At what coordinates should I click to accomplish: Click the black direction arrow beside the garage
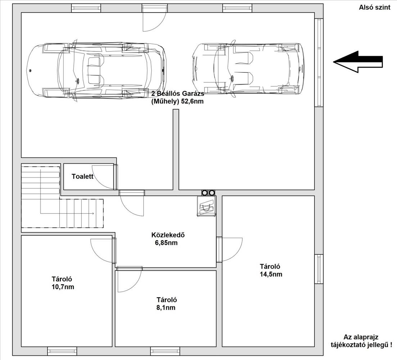coord(358,62)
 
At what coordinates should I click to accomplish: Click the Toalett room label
coord(82,176)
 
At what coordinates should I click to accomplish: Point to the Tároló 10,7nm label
coord(63,283)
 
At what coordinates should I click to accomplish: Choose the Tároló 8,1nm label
coord(167,303)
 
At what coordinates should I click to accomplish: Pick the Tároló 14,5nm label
coord(271,270)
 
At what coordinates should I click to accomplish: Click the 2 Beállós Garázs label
coord(178,93)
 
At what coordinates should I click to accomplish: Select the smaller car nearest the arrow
coord(247,69)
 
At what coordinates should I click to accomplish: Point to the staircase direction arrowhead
coord(93,213)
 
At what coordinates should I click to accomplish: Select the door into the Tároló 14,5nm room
coord(229,249)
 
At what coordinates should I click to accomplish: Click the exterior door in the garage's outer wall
coord(154,18)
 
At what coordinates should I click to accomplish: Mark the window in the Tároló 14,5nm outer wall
coord(319,269)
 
